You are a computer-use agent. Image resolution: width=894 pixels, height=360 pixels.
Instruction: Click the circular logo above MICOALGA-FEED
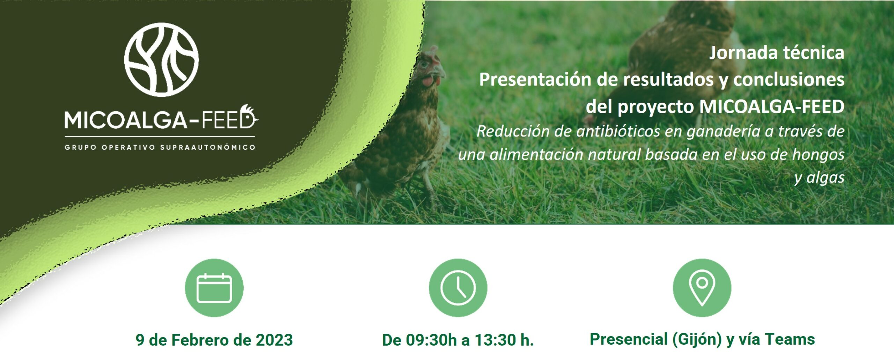[161, 60]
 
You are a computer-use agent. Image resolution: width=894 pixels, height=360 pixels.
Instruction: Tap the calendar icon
[214, 288]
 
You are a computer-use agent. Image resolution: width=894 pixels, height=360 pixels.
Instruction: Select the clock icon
[458, 288]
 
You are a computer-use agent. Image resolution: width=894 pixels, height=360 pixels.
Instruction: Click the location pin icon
[702, 288]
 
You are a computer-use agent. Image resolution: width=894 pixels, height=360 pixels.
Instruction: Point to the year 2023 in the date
[274, 340]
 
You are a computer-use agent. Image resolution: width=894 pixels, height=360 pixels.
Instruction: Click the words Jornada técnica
[777, 53]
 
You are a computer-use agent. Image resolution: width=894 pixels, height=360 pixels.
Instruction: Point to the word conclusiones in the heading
[789, 80]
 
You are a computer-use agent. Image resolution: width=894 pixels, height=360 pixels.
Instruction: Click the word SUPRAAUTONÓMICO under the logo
[208, 147]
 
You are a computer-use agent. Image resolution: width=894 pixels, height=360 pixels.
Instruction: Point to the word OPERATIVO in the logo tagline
[128, 147]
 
